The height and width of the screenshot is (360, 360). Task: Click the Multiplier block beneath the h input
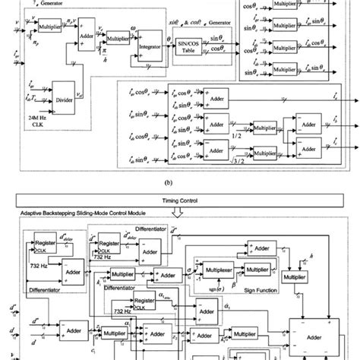316,279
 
